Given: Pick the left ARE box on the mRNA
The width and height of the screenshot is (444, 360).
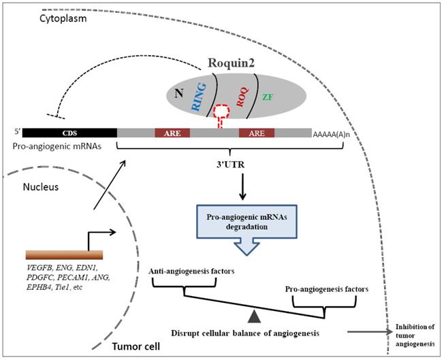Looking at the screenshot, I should click(x=173, y=133).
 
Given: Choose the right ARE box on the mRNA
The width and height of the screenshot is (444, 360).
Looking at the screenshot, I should click(x=256, y=133).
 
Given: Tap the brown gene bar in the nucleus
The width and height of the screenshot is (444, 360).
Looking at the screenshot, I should click(x=64, y=254).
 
